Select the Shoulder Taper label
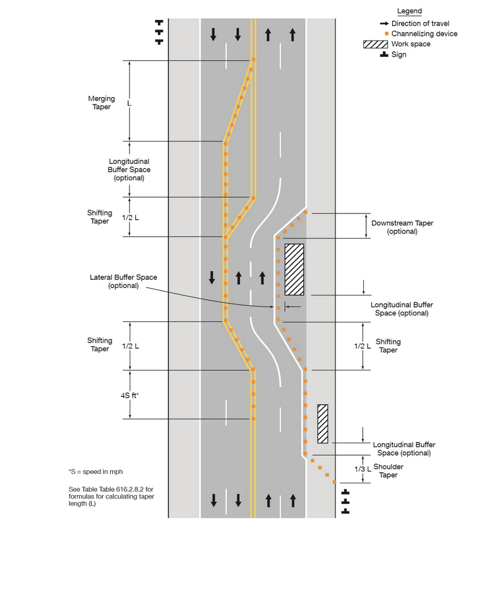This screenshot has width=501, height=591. (388, 471)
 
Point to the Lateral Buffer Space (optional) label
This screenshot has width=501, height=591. (123, 281)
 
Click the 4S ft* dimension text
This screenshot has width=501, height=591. (130, 396)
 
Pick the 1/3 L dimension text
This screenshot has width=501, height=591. (363, 469)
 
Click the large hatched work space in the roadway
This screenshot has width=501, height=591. (294, 269)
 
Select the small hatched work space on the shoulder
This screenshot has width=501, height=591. (323, 423)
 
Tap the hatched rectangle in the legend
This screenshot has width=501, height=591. (375, 44)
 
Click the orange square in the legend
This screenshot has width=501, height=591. (386, 34)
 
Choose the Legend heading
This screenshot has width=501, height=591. (410, 12)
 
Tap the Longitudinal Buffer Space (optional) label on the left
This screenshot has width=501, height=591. (129, 170)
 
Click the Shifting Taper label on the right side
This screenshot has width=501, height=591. (388, 346)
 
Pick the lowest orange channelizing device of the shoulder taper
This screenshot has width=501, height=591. (335, 482)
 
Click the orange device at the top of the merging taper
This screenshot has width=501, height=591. (253, 60)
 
